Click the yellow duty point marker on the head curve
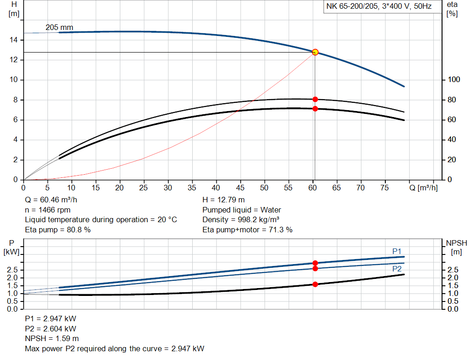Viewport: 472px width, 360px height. pyautogui.click(x=315, y=52)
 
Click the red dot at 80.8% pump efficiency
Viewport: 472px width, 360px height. pyautogui.click(x=315, y=99)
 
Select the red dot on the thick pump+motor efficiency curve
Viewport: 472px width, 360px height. pyautogui.click(x=315, y=109)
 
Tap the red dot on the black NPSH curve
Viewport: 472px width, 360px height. pyautogui.click(x=315, y=284)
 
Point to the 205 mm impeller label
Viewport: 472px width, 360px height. pyautogui.click(x=59, y=28)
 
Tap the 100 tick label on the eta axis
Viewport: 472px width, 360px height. pyautogui.click(x=454, y=80)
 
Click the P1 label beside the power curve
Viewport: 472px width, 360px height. pyautogui.click(x=397, y=251)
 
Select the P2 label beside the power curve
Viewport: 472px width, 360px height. pyautogui.click(x=397, y=269)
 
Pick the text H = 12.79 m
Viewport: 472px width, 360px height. pyautogui.click(x=224, y=200)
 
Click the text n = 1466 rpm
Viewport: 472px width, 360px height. pyautogui.click(x=49, y=210)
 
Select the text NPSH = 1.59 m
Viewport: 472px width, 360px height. pyautogui.click(x=48, y=338)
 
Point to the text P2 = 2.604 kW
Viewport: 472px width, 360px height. pyautogui.click(x=51, y=329)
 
